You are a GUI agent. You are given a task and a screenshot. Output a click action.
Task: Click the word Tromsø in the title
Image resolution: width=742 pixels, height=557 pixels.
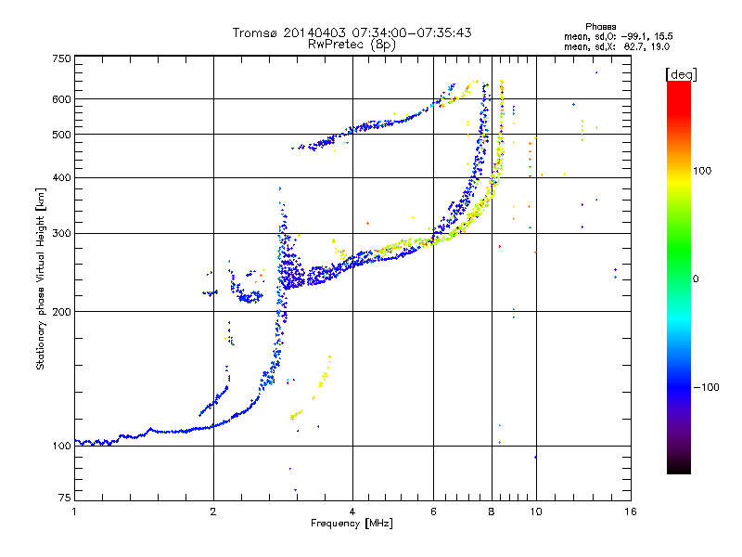256,32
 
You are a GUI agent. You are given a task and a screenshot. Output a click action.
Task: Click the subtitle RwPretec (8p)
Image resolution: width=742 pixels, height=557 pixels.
352,45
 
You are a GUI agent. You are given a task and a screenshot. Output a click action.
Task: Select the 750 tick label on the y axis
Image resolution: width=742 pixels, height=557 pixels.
62,58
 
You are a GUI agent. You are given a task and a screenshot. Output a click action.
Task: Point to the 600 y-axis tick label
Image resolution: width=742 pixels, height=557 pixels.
62,99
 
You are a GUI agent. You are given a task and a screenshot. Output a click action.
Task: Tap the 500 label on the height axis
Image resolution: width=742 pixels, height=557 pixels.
62,135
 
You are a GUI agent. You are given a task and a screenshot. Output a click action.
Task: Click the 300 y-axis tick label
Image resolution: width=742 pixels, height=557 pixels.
62,234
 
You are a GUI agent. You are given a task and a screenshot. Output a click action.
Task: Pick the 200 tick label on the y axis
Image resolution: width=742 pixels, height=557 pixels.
62,312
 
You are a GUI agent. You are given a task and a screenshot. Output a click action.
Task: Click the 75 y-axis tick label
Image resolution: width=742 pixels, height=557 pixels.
65,498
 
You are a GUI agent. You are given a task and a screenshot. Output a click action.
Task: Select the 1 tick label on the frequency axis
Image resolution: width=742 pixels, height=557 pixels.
74,512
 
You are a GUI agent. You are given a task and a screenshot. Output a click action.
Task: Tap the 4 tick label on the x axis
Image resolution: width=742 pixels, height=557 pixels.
352,512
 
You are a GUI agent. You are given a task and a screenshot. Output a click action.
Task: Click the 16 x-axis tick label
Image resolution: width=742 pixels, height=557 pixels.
631,512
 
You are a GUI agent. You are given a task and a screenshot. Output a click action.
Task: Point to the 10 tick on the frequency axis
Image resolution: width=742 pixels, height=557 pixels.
536,512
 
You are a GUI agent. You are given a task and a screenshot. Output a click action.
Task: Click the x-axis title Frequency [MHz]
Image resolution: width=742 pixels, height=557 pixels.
352,524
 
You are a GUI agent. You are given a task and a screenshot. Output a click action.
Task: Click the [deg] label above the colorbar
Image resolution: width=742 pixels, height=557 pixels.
682,75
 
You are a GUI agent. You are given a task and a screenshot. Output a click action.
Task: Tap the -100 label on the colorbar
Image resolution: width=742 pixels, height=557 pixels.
707,387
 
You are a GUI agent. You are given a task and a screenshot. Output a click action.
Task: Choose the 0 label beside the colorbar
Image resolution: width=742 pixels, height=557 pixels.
696,279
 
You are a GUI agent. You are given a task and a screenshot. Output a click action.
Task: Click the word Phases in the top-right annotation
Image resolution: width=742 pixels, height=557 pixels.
600,27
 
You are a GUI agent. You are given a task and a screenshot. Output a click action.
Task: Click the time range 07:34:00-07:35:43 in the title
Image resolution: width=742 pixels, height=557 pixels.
412,32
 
